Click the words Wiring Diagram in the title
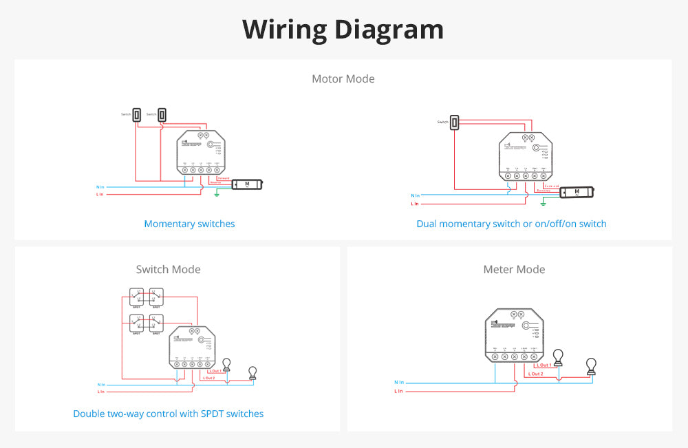click(343, 30)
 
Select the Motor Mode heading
click(343, 78)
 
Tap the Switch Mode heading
click(169, 269)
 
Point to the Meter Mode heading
click(514, 269)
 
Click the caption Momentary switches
click(189, 224)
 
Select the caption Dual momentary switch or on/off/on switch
click(511, 224)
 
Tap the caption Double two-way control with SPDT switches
click(169, 414)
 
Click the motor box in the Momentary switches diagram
click(247, 184)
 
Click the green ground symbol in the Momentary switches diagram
click(217, 195)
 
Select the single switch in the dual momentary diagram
click(455, 122)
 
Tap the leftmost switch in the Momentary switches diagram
click(137, 115)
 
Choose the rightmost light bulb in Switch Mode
click(252, 372)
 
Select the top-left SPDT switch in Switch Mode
click(137, 296)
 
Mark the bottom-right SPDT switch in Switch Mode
click(157, 323)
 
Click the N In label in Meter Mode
click(399, 381)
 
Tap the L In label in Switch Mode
click(101, 391)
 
